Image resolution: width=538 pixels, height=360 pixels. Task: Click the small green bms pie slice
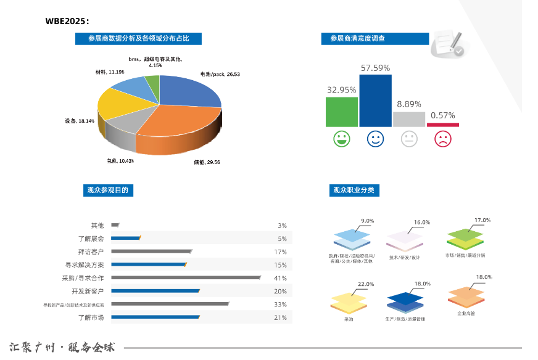pyautogui.click(x=152, y=81)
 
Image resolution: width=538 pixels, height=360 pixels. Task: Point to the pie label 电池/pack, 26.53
pyautogui.click(x=220, y=74)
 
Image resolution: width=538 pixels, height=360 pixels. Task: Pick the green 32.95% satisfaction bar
pyautogui.click(x=341, y=112)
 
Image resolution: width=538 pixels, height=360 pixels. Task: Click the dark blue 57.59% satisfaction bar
pyautogui.click(x=375, y=100)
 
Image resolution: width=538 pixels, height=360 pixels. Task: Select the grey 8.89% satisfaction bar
pyautogui.click(x=409, y=119)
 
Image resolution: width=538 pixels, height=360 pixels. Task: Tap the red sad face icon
pyautogui.click(x=442, y=139)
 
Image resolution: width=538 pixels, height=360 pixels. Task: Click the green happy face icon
pyautogui.click(x=341, y=139)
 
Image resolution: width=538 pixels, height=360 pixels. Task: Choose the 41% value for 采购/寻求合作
pyautogui.click(x=280, y=278)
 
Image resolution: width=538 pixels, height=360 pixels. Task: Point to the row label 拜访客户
pyautogui.click(x=91, y=252)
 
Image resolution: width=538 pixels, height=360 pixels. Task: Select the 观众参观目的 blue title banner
pyautogui.click(x=108, y=190)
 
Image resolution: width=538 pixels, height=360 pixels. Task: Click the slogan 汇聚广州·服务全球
pyautogui.click(x=62, y=347)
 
